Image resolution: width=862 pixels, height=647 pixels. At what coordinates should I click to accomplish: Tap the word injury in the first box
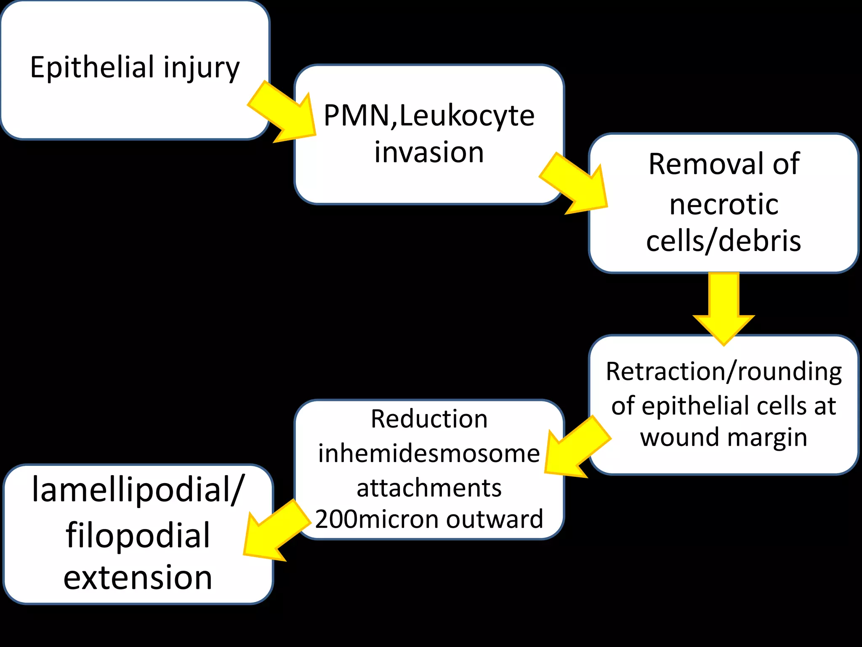pos(202,68)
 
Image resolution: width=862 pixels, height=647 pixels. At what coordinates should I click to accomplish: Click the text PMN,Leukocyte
pos(428,115)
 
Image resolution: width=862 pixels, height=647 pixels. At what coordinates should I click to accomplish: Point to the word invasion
pos(429,152)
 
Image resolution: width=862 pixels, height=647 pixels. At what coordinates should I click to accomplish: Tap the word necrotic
pos(724,205)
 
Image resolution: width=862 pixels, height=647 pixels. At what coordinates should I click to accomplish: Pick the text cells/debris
pos(724,241)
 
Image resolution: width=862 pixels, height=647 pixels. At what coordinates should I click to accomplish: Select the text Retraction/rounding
pos(724,372)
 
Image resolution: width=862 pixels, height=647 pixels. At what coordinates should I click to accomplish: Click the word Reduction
pos(429,419)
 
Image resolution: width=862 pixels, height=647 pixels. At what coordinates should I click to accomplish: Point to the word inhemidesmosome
pos(429,454)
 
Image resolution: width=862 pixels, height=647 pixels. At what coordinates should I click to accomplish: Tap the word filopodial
pos(138,535)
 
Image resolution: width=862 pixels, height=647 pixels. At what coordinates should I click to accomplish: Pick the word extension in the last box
pos(138,577)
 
